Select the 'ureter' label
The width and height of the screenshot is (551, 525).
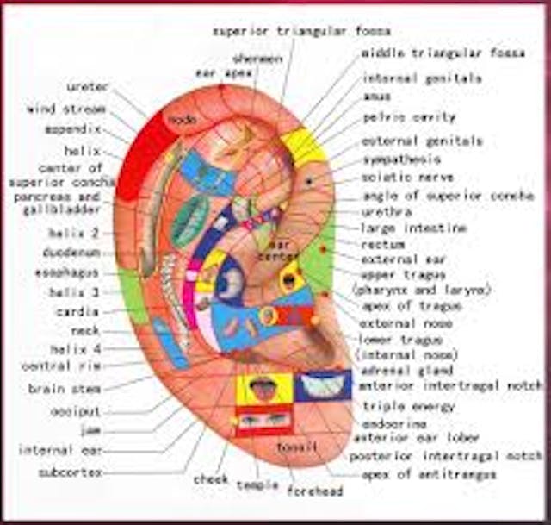(87, 87)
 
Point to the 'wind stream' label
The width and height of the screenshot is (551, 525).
(66, 109)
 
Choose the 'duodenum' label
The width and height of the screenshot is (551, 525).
(72, 253)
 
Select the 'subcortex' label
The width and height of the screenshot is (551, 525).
(71, 472)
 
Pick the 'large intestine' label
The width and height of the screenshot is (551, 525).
(413, 228)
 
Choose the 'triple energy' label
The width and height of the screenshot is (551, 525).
(408, 405)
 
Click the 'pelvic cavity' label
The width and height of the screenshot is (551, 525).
(409, 117)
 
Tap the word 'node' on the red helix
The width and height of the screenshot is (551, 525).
(183, 118)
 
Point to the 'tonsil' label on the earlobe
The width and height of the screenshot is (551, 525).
(297, 447)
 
